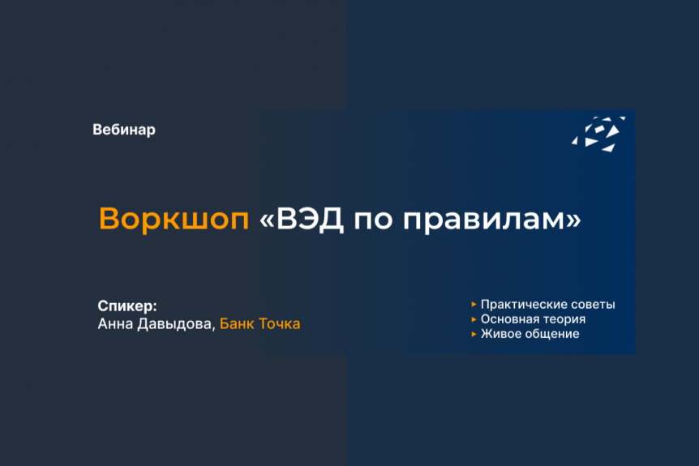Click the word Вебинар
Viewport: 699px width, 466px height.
[x=124, y=130]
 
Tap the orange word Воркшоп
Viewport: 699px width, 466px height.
[x=174, y=219]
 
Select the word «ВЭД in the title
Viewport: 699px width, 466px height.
[x=302, y=219]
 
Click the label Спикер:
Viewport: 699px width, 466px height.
[x=127, y=306]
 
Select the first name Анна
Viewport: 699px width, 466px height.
[x=115, y=324]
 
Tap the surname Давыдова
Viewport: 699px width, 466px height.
[x=176, y=324]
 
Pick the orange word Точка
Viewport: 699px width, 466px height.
[x=280, y=324]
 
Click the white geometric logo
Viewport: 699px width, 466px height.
[x=598, y=134]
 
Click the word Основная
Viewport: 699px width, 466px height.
[x=510, y=319]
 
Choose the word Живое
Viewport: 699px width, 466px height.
[x=500, y=334]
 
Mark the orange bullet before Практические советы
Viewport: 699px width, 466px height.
[x=474, y=305]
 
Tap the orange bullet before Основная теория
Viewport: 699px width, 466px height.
[x=474, y=319]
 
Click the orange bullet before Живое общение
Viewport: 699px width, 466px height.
[x=474, y=334]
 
